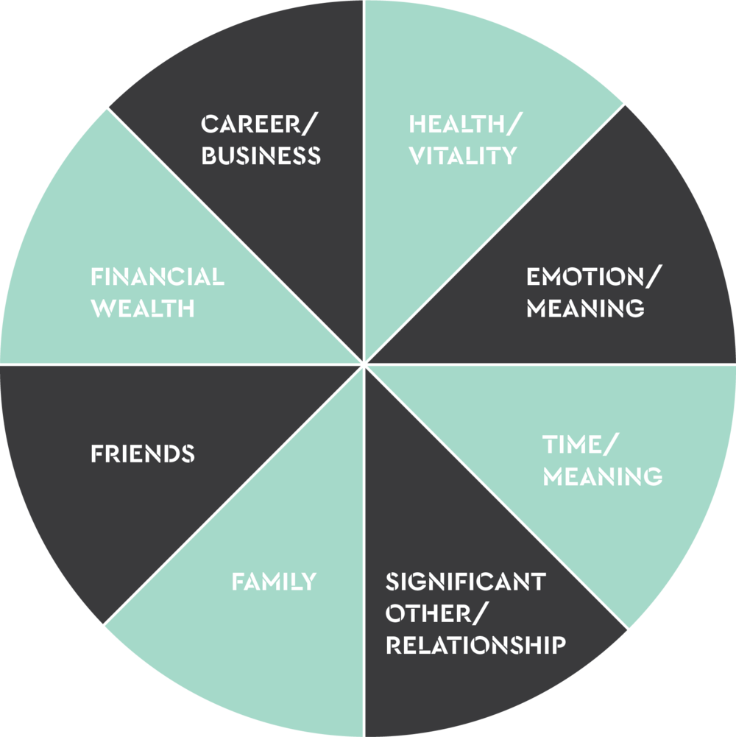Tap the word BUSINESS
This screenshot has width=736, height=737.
[x=261, y=155]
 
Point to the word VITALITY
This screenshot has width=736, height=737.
[x=463, y=155]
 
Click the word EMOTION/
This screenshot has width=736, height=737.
[x=594, y=277]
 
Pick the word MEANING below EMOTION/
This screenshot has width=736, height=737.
[x=585, y=308]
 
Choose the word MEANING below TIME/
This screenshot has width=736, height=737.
[x=602, y=476]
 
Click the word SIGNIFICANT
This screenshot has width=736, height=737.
[x=465, y=582]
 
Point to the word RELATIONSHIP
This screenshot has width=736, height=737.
[x=475, y=645]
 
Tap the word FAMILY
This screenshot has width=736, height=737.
[x=274, y=582]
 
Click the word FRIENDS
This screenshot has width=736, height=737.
[x=143, y=454]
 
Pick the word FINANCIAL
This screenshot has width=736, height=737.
[x=158, y=277]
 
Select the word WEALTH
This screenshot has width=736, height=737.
[x=143, y=308]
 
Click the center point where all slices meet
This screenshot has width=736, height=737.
[x=364, y=364]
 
